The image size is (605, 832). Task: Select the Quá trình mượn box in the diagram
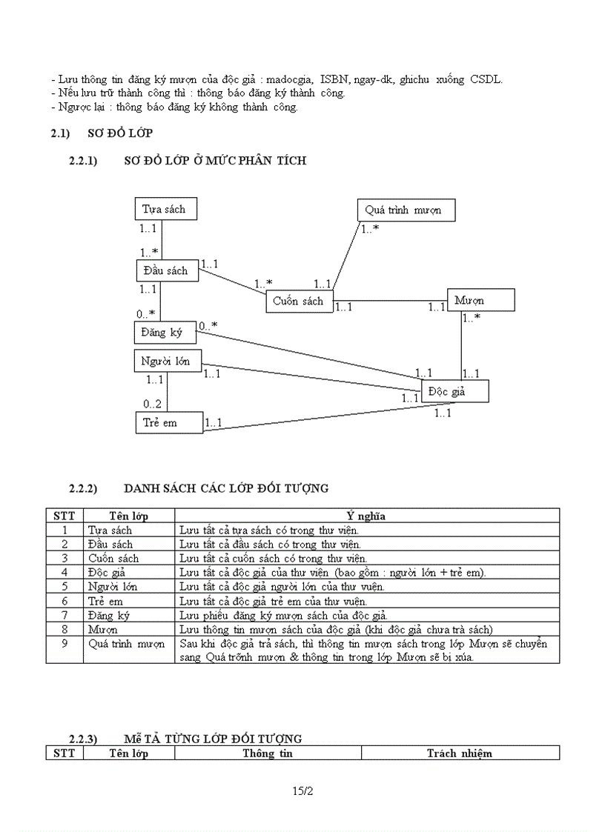pos(405,210)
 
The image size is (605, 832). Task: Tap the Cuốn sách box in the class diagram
pos(299,302)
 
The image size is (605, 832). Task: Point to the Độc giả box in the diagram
pos(454,391)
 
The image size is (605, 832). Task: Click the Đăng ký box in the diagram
pos(165,333)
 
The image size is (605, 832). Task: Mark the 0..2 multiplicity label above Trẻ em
pos(153,404)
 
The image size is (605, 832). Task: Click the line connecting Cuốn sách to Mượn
pos(389,302)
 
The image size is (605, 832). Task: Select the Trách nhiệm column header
pos(460,753)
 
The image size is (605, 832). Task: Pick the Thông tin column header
pos(268,753)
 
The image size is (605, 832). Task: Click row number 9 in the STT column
pos(65,643)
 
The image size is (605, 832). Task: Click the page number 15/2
pos(302,792)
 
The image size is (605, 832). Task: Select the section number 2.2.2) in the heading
pos(84,488)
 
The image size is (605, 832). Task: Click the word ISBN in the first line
pos(334,79)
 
